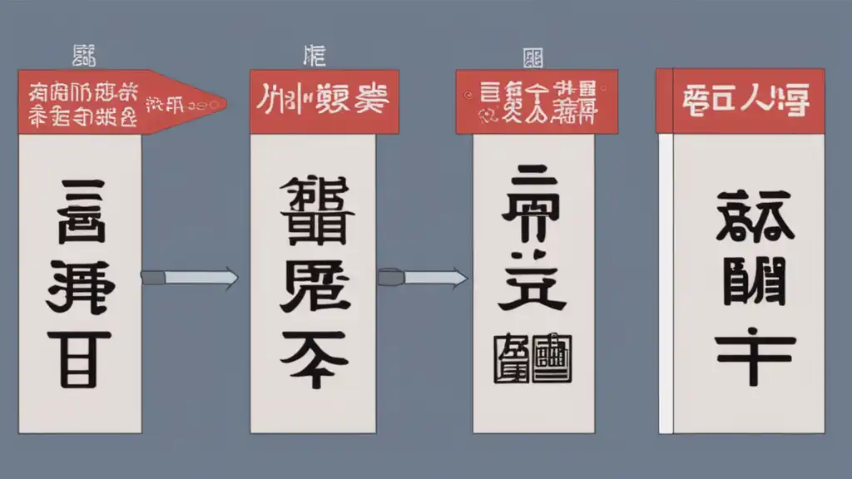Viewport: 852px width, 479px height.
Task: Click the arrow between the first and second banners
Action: coord(190,278)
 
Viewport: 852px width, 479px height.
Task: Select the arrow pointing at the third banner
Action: coord(423,277)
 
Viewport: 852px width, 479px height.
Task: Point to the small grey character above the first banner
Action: coord(85,57)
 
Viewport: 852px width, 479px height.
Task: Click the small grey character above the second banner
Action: coord(315,57)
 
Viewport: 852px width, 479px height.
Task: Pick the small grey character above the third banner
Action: coord(532,57)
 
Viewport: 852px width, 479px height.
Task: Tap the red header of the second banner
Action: coord(324,101)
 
